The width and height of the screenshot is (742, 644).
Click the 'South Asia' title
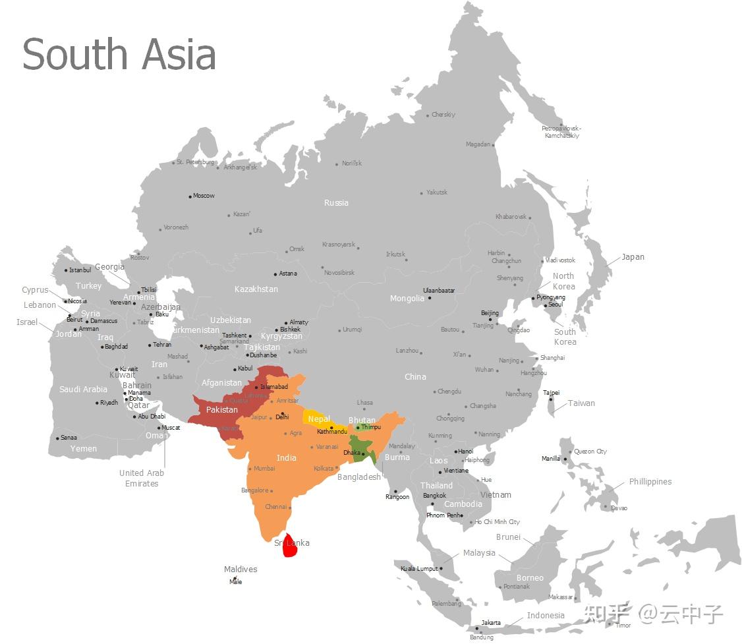point(119,54)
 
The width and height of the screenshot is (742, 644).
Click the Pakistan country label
point(221,410)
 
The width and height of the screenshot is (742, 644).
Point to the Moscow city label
point(204,196)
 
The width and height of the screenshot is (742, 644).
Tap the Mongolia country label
point(407,299)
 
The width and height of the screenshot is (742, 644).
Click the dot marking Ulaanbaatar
point(430,298)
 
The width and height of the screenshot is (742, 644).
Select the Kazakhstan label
point(256,289)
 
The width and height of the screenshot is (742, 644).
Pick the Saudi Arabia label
point(83,390)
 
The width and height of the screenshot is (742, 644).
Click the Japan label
point(633,257)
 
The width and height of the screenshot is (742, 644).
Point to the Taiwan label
point(581,403)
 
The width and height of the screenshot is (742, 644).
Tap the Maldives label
point(241,570)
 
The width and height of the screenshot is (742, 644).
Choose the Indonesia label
point(546,616)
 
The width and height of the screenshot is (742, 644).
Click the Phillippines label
point(650,482)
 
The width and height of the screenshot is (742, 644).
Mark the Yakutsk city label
point(437,192)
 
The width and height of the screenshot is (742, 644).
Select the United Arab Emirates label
point(142,478)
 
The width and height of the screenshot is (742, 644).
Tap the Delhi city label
point(282,417)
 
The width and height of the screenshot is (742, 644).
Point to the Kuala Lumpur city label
point(419,569)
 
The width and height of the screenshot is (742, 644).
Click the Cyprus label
point(35,290)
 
